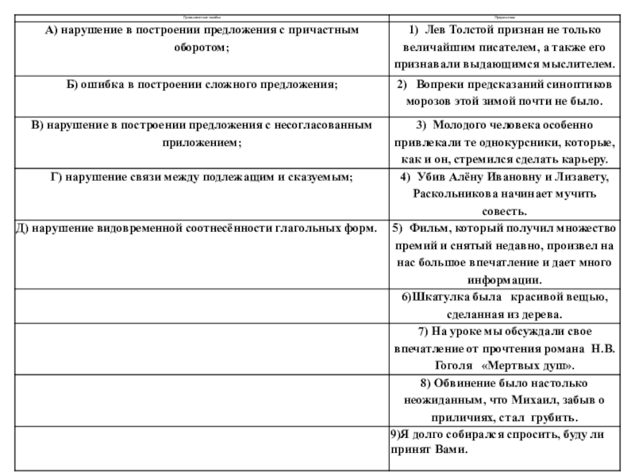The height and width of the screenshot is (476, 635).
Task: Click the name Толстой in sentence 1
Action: pyautogui.click(x=468, y=30)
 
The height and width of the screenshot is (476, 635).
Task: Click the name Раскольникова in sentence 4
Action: pyautogui.click(x=455, y=194)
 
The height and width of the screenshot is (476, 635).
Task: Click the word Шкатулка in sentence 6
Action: pyautogui.click(x=439, y=297)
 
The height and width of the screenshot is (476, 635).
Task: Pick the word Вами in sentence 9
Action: pyautogui.click(x=449, y=449)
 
